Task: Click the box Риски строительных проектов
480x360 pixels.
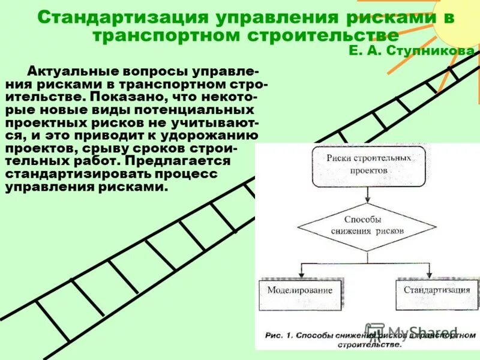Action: click(369, 163)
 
